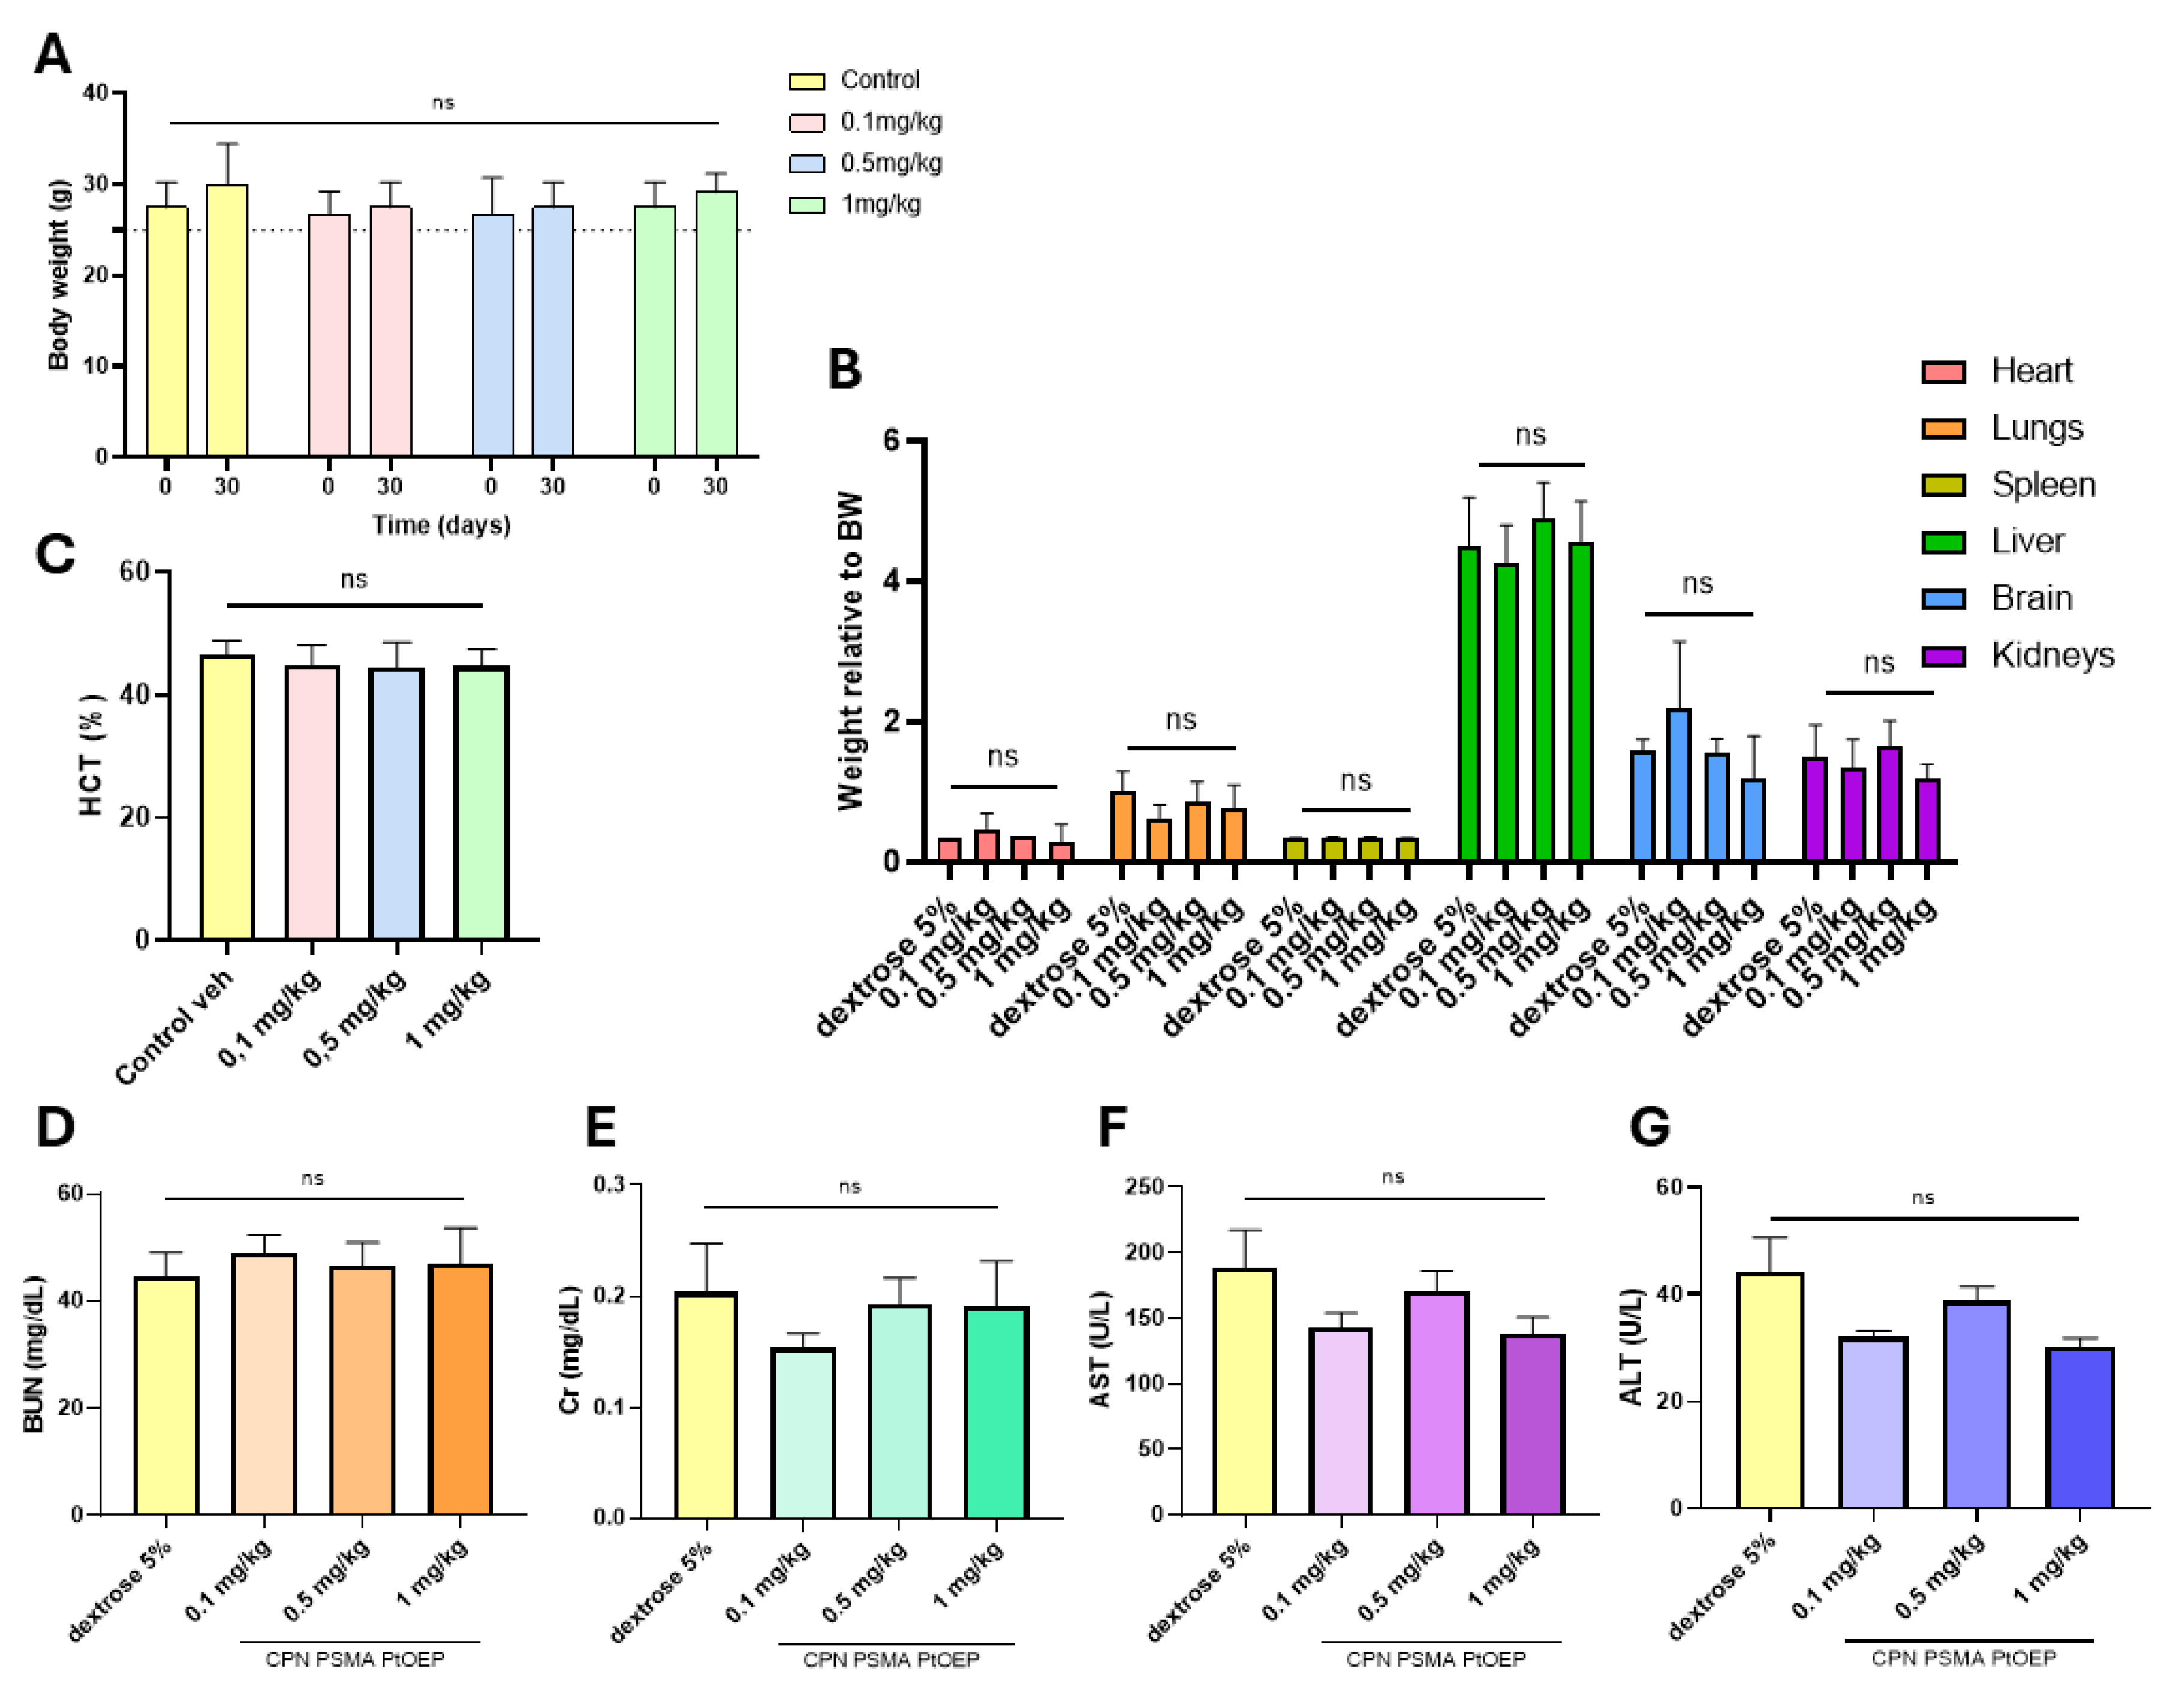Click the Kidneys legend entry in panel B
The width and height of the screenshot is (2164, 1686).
2052,655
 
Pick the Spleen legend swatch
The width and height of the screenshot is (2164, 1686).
1943,486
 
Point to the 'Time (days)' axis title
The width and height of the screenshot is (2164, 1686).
441,525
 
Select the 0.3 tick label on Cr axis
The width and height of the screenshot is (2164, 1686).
609,1185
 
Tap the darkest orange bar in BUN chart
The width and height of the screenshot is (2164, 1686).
460,1389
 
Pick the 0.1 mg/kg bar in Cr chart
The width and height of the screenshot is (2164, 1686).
803,1432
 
